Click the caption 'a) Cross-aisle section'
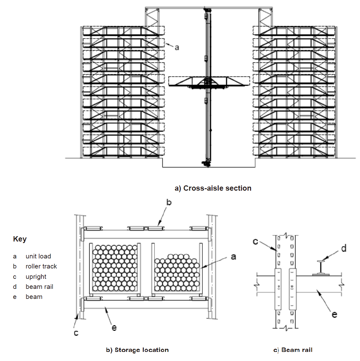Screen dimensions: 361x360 click(213, 188)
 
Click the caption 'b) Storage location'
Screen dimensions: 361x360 click(137, 350)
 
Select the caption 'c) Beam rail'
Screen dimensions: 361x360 click(293, 350)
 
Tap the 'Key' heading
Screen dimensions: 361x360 click(20, 239)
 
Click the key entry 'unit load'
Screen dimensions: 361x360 click(38, 256)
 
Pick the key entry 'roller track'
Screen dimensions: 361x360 click(41, 266)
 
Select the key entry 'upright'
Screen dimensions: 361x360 click(36, 277)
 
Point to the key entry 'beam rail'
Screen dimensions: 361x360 click(39, 287)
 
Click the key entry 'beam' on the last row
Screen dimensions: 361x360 click(34, 297)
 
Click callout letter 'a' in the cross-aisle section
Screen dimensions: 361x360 click(177, 47)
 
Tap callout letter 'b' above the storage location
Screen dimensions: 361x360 click(169, 202)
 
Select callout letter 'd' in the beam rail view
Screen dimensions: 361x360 click(344, 248)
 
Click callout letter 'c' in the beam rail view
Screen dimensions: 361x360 click(255, 242)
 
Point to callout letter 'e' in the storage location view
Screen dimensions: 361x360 click(114, 328)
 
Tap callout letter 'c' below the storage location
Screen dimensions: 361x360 click(76, 333)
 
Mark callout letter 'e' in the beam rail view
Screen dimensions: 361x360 click(334, 314)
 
